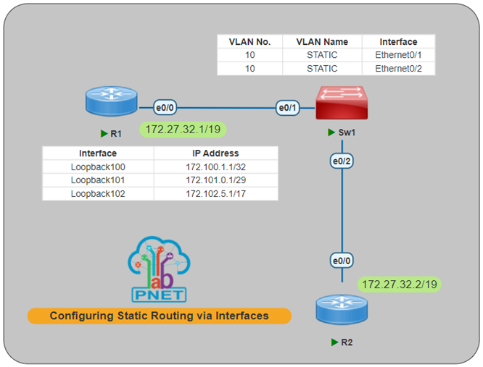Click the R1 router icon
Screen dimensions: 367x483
pos(110,101)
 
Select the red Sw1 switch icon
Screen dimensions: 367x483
pos(342,102)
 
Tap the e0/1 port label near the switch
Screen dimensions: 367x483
pos(287,109)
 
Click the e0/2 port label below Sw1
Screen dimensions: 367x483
pos(341,161)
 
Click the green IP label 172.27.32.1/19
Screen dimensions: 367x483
pos(183,130)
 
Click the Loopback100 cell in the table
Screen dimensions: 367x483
pos(97,166)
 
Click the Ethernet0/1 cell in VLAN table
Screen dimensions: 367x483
pos(399,55)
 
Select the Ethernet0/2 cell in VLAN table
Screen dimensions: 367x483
pos(399,69)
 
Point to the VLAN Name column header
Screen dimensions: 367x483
pos(321,41)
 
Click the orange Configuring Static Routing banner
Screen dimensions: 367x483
pos(159,316)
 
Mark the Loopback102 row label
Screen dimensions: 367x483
pos(97,193)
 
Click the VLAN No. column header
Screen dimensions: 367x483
pos(249,41)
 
